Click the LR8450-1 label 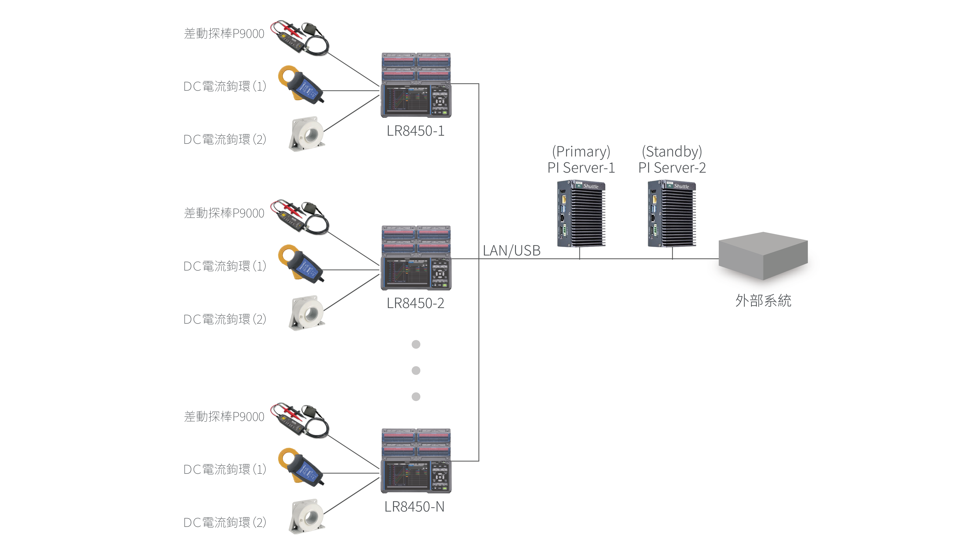pyautogui.click(x=415, y=131)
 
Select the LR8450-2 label pyautogui.click(x=415, y=303)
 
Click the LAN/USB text pyautogui.click(x=511, y=250)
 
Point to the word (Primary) pyautogui.click(x=581, y=151)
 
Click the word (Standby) pyautogui.click(x=672, y=151)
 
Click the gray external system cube pyautogui.click(x=763, y=256)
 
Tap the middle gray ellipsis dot pyautogui.click(x=416, y=370)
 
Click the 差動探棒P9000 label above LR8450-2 pyautogui.click(x=224, y=213)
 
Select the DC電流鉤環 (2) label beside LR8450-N pyautogui.click(x=224, y=523)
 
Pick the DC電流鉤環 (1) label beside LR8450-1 pyautogui.click(x=224, y=86)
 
